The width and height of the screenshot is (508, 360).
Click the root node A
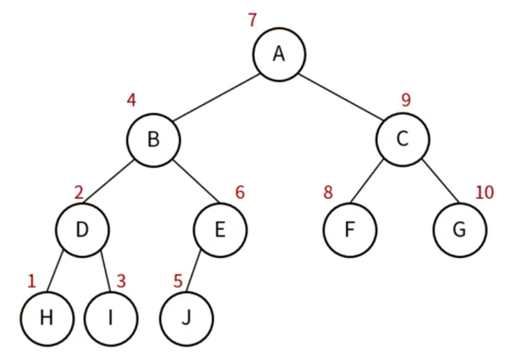tap(279, 54)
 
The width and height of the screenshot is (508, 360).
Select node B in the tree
tap(153, 139)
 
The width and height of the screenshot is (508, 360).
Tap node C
tap(402, 139)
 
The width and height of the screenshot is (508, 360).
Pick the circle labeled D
tap(83, 229)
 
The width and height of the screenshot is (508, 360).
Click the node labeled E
tap(220, 229)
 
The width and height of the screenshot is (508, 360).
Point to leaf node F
tap(350, 229)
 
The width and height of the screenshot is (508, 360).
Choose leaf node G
tap(460, 229)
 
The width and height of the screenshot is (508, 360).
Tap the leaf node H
tap(47, 318)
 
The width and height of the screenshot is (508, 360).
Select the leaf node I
tap(111, 318)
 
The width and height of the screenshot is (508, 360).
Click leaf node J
tap(188, 318)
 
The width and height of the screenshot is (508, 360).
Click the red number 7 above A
tap(252, 20)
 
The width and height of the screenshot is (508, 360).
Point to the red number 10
tap(485, 193)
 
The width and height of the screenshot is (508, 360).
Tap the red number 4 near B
tap(131, 100)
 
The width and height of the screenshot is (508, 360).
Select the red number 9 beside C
tap(405, 100)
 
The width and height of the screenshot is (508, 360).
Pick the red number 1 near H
tap(32, 281)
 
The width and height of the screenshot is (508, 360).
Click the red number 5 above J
tap(177, 281)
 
